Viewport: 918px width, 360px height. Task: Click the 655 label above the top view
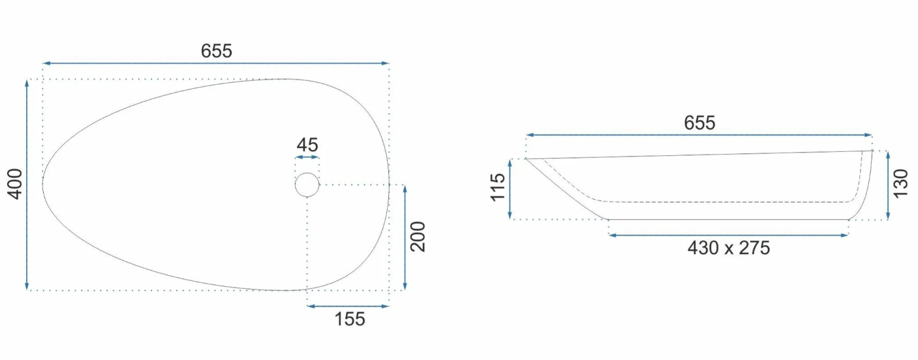click(x=217, y=51)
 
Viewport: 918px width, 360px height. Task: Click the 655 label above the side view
click(x=699, y=123)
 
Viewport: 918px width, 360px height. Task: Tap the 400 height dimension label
click(x=16, y=185)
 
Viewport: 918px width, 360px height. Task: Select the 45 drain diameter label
click(x=307, y=145)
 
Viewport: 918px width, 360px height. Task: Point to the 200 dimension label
click(x=418, y=237)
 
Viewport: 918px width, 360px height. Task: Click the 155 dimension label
click(x=350, y=319)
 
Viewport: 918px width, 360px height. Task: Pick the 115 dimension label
click(x=498, y=187)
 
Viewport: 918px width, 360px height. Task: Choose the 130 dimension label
click(x=900, y=184)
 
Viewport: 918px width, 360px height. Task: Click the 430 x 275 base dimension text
click(x=729, y=248)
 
